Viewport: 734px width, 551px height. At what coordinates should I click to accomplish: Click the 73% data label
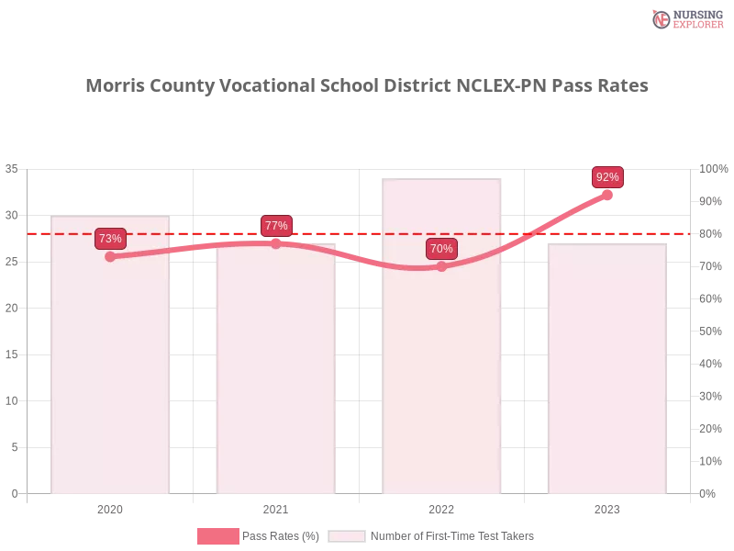click(x=110, y=239)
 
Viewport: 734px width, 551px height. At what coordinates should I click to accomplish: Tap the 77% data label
click(x=275, y=226)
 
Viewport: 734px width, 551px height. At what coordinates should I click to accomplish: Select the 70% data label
click(x=441, y=249)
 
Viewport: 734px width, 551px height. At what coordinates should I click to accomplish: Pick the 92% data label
click(x=607, y=177)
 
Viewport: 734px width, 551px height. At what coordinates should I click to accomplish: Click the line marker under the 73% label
click(x=110, y=256)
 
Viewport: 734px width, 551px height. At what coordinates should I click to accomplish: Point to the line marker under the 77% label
click(x=275, y=243)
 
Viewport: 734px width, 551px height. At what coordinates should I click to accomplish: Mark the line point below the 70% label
click(x=441, y=266)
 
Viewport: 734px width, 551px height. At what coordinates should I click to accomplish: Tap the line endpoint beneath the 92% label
click(x=607, y=194)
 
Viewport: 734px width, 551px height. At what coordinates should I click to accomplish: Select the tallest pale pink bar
click(x=444, y=367)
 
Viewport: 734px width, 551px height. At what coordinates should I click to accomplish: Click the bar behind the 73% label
click(x=110, y=367)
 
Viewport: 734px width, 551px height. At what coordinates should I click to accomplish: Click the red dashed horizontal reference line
click(x=367, y=233)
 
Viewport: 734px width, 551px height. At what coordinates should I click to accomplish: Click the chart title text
click(x=367, y=86)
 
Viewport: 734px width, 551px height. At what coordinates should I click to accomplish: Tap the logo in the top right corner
click(x=685, y=18)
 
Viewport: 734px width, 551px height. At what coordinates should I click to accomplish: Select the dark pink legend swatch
click(x=217, y=535)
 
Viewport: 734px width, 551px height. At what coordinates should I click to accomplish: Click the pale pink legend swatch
click(x=347, y=535)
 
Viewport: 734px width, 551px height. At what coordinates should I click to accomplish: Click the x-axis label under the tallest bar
click(x=441, y=507)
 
